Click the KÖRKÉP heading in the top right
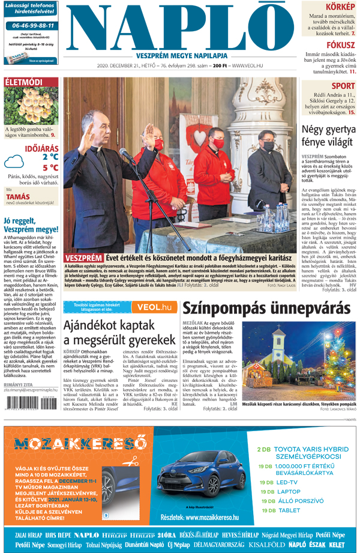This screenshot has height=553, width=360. pyautogui.click(x=340, y=6)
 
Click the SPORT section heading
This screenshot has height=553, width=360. pyautogui.click(x=343, y=86)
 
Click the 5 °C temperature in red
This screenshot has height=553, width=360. pyautogui.click(x=50, y=168)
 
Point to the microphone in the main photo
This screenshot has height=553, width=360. pyautogui.click(x=127, y=154)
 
